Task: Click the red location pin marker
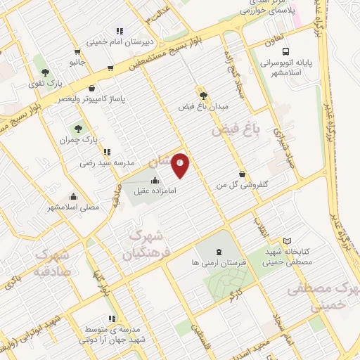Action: [181, 166]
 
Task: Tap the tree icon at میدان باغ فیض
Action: [202, 95]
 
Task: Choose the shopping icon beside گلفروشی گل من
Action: [243, 174]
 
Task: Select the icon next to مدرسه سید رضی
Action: [105, 152]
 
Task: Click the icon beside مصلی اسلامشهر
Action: [73, 197]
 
